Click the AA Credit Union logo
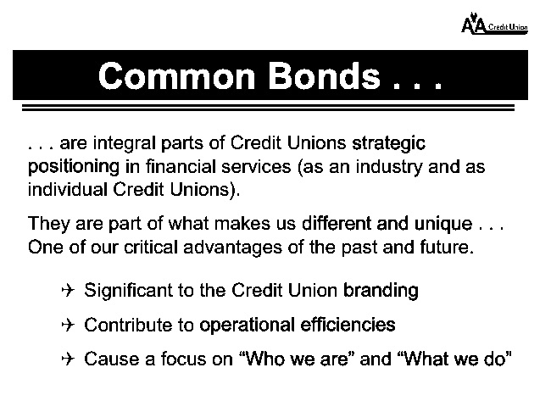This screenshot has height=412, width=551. click(494, 24)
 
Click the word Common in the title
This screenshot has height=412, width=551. click(177, 76)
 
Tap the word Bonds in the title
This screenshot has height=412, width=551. click(325, 76)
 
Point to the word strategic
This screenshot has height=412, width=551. click(388, 144)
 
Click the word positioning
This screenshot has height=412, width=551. click(74, 167)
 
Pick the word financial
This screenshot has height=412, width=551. click(181, 166)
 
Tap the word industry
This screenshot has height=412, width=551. click(388, 167)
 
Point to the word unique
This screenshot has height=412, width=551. click(443, 225)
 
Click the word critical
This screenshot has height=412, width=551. click(151, 248)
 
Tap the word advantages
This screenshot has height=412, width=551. click(232, 248)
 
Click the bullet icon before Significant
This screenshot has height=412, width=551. click(68, 291)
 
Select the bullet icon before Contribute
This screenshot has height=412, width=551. click(68, 325)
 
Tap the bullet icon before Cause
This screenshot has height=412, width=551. click(68, 359)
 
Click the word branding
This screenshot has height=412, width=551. click(381, 291)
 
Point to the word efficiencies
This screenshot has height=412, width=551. click(348, 325)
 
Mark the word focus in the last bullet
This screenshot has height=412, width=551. click(183, 359)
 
